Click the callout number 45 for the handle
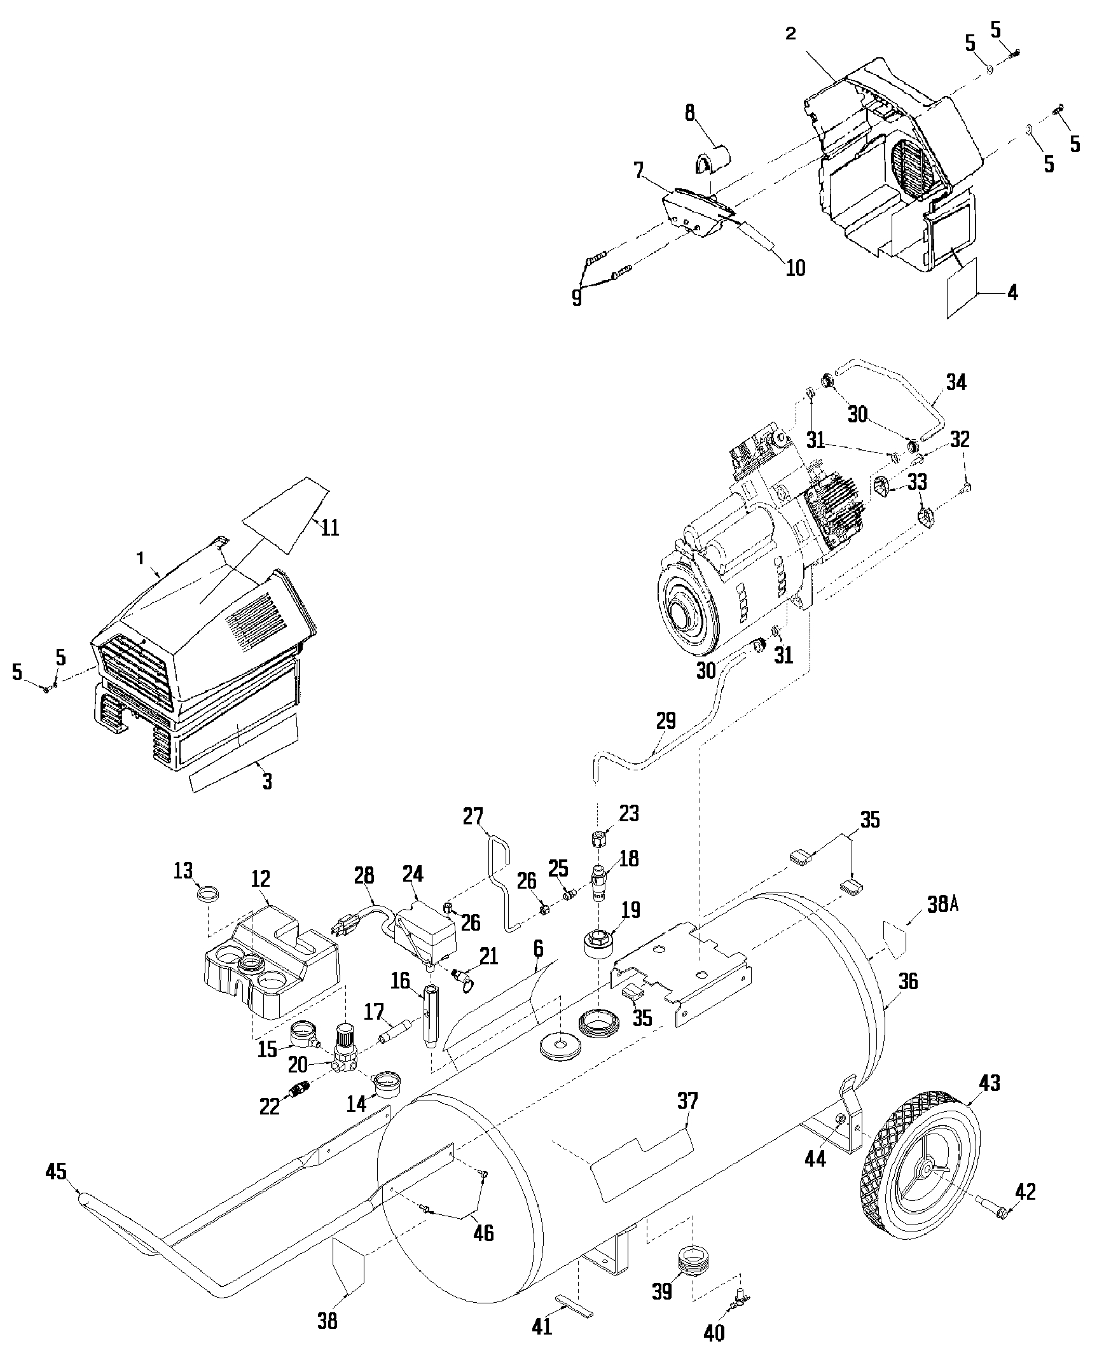(57, 1172)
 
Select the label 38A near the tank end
(939, 905)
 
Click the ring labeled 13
(206, 894)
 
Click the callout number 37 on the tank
(687, 1100)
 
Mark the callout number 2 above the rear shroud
(790, 33)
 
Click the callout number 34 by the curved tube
(955, 382)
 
